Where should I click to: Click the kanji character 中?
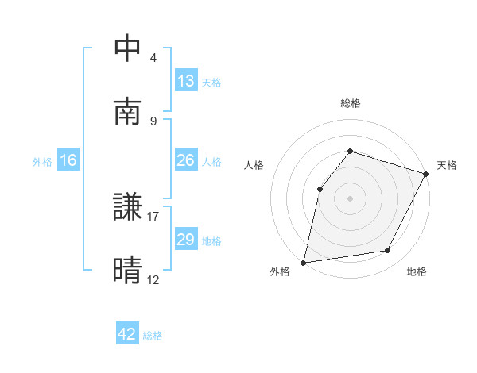point(128,49)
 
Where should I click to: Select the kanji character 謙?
point(128,208)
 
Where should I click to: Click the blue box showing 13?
point(186,81)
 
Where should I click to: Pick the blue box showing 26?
point(186,160)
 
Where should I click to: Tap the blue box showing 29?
point(186,240)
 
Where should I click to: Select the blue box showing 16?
point(68,160)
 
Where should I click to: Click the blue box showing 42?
point(127,334)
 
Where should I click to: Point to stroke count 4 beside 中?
point(153,58)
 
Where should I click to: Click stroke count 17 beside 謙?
point(153,216)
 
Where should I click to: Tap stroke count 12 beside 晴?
point(153,279)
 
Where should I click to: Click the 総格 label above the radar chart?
point(350,103)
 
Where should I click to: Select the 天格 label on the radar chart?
point(447,165)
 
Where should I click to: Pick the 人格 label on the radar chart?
point(254,165)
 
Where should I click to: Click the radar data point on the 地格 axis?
point(388,251)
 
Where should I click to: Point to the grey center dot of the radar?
point(350,198)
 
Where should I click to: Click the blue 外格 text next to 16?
point(42,161)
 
